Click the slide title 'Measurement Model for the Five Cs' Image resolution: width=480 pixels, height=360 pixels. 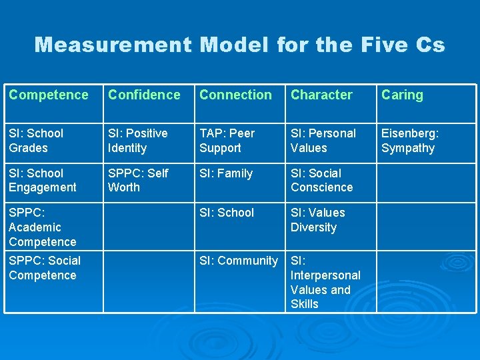(239, 45)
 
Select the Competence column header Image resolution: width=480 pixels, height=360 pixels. (49, 95)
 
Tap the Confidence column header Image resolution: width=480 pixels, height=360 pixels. (144, 95)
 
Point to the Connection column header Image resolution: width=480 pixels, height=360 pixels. (235, 95)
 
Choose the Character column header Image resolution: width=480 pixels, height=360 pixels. (321, 95)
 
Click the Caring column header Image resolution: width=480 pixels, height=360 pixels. (402, 95)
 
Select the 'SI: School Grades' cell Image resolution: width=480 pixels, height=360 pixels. (36, 141)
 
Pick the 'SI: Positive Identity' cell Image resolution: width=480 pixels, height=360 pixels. (139, 141)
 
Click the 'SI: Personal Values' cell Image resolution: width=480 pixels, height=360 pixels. (323, 141)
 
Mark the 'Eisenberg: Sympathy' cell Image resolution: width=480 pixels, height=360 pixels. (410, 141)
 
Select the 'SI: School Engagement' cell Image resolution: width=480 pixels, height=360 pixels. (43, 181)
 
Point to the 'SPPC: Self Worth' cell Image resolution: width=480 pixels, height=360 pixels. (138, 181)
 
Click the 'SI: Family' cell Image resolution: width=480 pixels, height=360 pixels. (226, 174)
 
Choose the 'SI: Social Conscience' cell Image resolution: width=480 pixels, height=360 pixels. (321, 181)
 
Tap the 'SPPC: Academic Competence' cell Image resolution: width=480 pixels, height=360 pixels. (43, 227)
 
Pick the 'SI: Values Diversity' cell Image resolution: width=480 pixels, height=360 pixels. (318, 220)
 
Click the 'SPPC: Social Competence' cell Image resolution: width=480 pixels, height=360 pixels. (45, 268)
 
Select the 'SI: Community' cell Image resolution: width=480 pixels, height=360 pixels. (239, 261)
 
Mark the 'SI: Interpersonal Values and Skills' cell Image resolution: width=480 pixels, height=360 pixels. (325, 282)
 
